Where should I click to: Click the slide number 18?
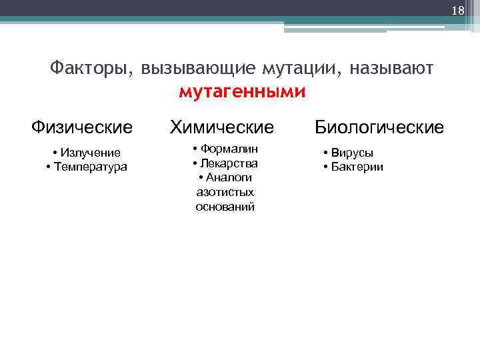(457, 11)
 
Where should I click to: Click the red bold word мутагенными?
(243, 91)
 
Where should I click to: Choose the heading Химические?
(222, 127)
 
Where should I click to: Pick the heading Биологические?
(379, 127)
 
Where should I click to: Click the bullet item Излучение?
(90, 153)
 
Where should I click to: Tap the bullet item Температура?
(90, 167)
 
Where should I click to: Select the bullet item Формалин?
(229, 148)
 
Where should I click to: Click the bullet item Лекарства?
(229, 163)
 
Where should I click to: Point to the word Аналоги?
(229, 177)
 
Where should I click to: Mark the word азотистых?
(225, 192)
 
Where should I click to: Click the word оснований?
(225, 207)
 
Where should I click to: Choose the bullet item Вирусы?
(353, 153)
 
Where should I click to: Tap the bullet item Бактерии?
(357, 167)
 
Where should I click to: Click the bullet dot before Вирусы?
(326, 153)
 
